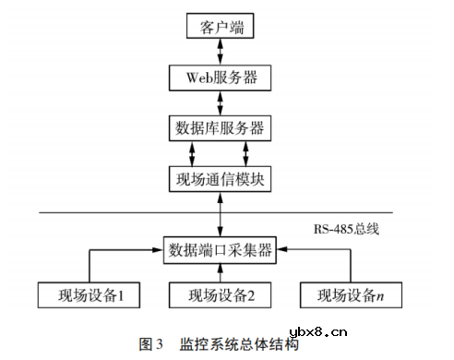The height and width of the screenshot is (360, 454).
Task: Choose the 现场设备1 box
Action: [90, 295]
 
